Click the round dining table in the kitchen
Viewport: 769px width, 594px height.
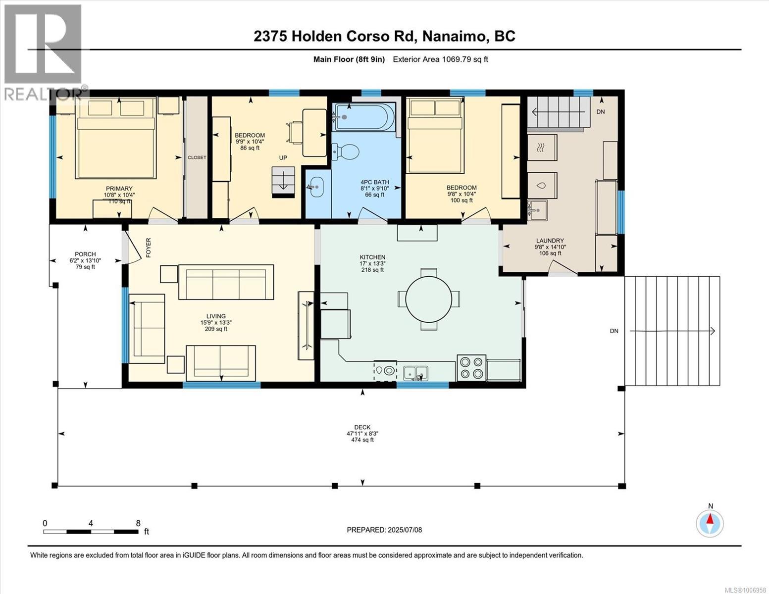pyautogui.click(x=428, y=299)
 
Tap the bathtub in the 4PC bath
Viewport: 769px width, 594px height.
pyautogui.click(x=364, y=116)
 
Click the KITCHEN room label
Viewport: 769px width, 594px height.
pyautogui.click(x=372, y=257)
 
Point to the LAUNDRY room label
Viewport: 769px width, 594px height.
pyautogui.click(x=550, y=241)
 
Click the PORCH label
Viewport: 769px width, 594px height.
pyautogui.click(x=85, y=254)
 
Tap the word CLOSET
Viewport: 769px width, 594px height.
pyautogui.click(x=197, y=157)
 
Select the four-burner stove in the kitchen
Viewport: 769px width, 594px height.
pyautogui.click(x=471, y=368)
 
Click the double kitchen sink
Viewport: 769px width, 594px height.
pyautogui.click(x=416, y=372)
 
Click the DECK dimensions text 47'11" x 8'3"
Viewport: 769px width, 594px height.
pyautogui.click(x=362, y=434)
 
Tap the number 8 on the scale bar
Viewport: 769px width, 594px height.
pyautogui.click(x=138, y=523)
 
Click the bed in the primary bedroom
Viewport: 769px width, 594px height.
pyautogui.click(x=116, y=139)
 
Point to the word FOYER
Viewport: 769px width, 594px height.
pyautogui.click(x=148, y=247)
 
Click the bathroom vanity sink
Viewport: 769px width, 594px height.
pyautogui.click(x=317, y=187)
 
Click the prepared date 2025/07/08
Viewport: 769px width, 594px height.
pyautogui.click(x=404, y=530)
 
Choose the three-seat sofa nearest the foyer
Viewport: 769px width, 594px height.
pyautogui.click(x=226, y=282)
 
